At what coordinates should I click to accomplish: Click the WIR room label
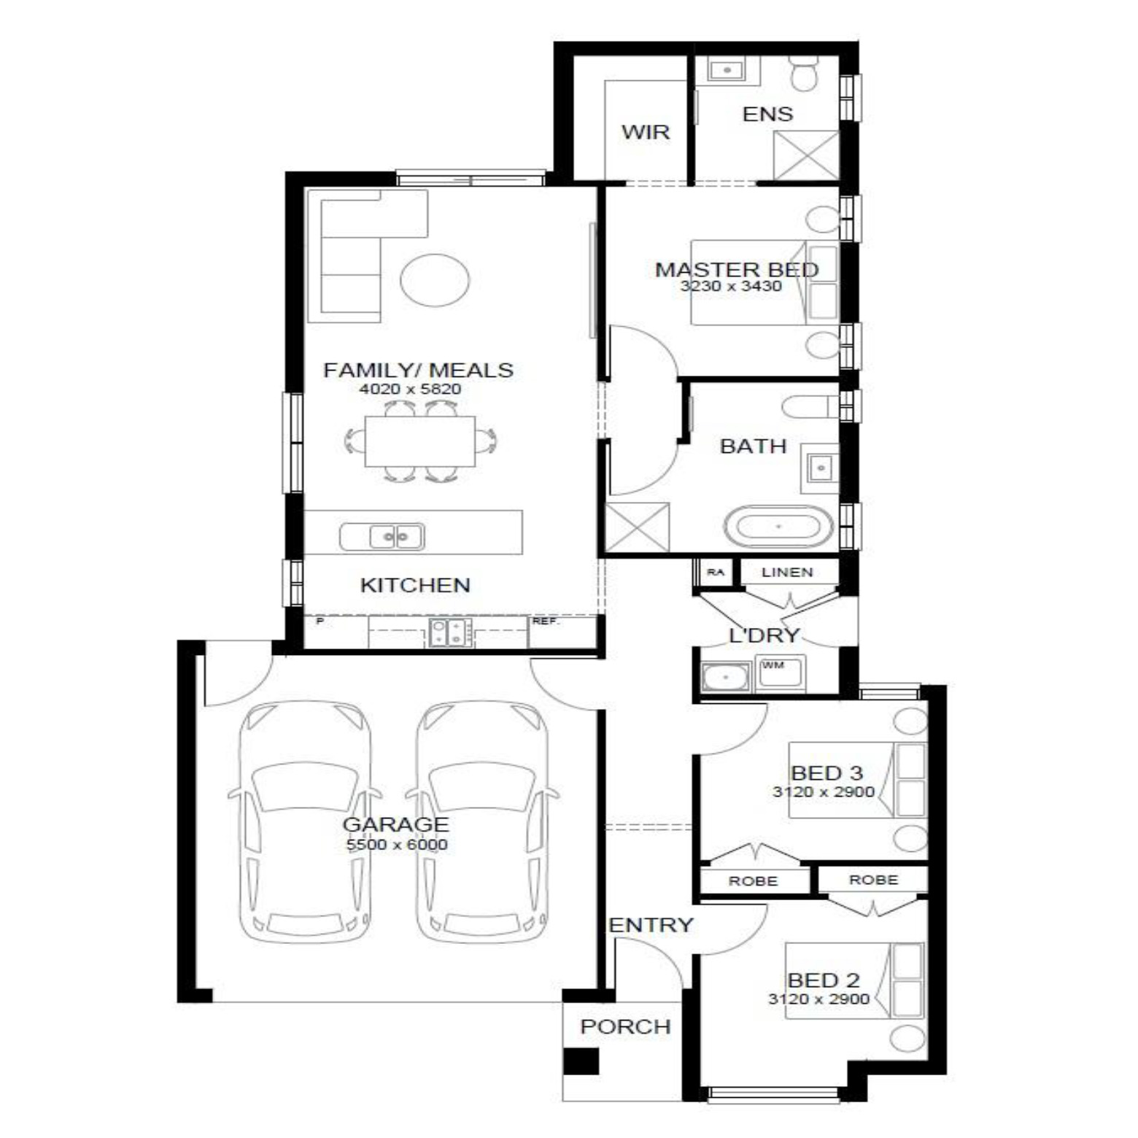(x=645, y=132)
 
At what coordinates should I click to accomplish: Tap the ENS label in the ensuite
(x=767, y=114)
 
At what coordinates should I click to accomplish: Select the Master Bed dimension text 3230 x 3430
(x=731, y=286)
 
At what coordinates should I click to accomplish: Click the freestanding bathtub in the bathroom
(x=778, y=526)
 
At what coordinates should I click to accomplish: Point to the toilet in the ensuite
(x=805, y=75)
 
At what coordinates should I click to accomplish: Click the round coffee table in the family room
(x=435, y=279)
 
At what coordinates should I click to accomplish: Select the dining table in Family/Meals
(x=420, y=441)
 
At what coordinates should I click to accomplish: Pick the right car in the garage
(x=481, y=822)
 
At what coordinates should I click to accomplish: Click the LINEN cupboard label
(x=787, y=573)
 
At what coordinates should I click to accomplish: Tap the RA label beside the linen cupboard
(x=716, y=573)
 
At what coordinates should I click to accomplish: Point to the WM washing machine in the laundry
(x=780, y=673)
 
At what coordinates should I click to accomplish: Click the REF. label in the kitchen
(x=545, y=622)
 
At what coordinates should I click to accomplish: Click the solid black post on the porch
(x=581, y=1061)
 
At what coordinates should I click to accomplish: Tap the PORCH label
(x=625, y=1026)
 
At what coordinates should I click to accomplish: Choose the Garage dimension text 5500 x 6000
(x=397, y=845)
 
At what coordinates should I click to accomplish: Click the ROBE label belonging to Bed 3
(x=753, y=881)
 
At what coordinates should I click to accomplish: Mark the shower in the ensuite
(x=805, y=155)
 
